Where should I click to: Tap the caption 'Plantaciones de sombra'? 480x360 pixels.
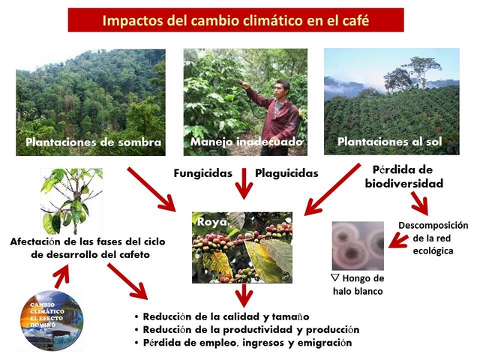point(93,142)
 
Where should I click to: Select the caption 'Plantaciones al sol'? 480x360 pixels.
point(390,142)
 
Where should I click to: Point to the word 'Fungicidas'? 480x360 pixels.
point(203,173)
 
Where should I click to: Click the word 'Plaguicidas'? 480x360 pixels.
point(286,173)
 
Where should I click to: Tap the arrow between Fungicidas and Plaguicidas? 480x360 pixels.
point(244,184)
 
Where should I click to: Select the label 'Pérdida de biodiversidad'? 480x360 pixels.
point(404,177)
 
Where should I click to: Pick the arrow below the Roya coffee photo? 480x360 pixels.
point(244,295)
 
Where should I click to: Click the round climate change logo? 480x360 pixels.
point(52,320)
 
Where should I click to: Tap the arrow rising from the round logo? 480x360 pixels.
point(62,277)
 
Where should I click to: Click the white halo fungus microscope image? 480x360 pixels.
point(358,246)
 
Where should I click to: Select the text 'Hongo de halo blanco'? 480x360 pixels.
point(358,284)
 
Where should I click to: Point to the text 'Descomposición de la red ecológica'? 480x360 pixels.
point(433,238)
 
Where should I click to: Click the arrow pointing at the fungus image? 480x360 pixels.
point(398,240)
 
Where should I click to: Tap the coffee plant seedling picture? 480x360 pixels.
point(72,201)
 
